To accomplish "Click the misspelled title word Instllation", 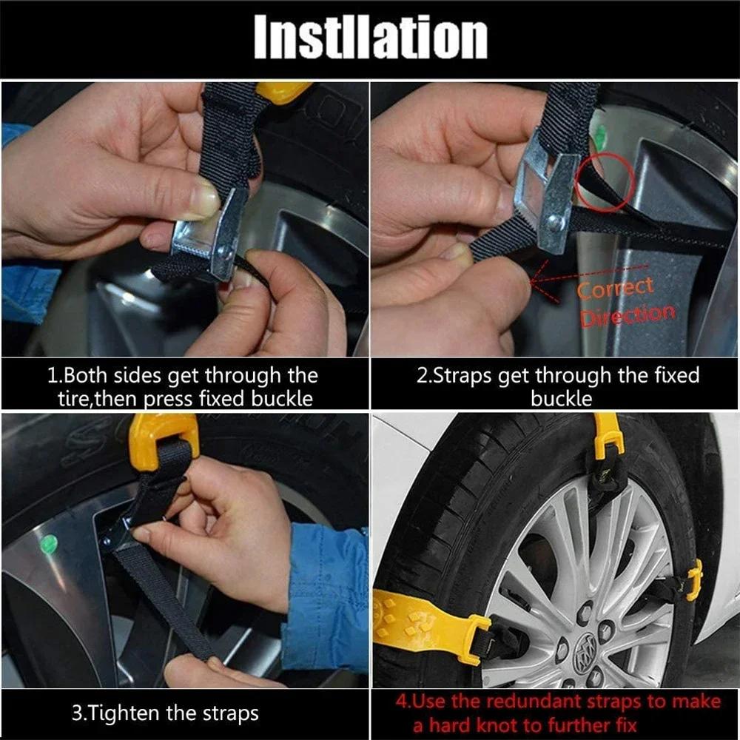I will pos(370,38).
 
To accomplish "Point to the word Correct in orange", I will pos(616,288).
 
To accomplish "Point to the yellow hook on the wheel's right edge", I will pos(693,579).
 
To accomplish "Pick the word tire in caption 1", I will pos(77,400).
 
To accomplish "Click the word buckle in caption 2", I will pos(561,400).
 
